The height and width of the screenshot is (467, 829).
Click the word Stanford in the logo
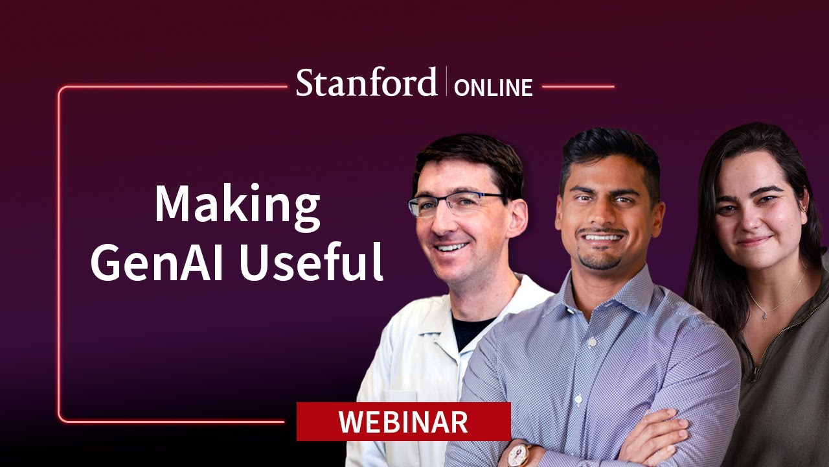(367, 84)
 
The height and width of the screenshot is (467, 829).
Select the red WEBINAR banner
(403, 422)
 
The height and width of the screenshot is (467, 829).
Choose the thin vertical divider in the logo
(446, 82)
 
